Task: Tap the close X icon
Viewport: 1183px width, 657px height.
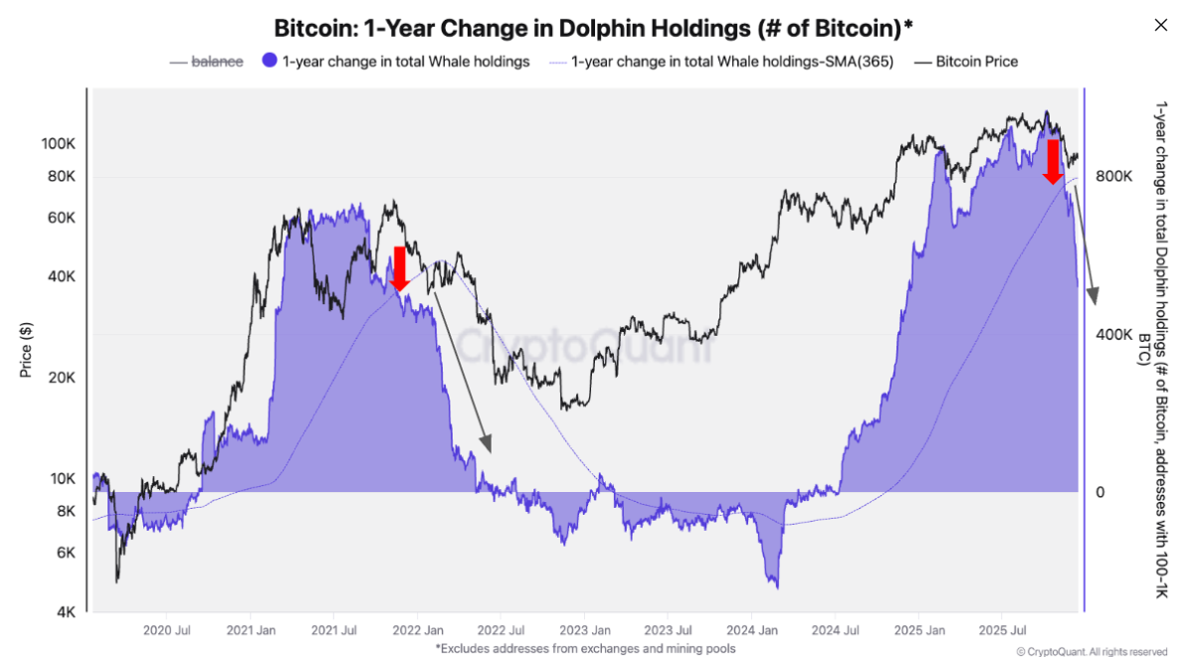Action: point(1160,25)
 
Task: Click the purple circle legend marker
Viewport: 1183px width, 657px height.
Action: point(269,62)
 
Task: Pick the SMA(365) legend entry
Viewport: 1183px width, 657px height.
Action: point(721,62)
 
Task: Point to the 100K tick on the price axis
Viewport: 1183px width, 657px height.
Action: point(58,144)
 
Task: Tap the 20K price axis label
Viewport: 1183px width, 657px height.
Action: point(61,378)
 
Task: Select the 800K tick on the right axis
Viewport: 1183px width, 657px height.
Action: point(1114,176)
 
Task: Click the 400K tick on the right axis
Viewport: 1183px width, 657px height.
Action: point(1114,334)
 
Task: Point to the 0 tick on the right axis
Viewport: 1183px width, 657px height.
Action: point(1100,492)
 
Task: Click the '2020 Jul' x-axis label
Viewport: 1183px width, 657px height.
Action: point(166,630)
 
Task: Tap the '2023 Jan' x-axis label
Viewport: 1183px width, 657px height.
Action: point(585,630)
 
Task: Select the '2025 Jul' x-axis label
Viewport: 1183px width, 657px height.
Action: point(1004,630)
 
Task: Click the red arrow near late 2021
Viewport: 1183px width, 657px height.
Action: point(399,268)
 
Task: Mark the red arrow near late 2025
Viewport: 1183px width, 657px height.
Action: point(1053,161)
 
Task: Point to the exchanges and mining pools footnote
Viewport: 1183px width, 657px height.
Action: point(585,648)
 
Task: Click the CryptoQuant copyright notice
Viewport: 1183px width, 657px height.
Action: point(1091,652)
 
